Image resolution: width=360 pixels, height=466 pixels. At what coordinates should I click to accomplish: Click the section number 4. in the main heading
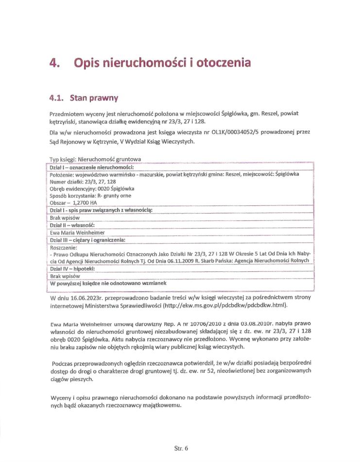[x=57, y=63]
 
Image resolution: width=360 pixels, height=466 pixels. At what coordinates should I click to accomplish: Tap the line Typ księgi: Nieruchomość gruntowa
[x=95, y=159]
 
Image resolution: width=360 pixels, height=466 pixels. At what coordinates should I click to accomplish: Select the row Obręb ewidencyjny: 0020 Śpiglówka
[x=92, y=188]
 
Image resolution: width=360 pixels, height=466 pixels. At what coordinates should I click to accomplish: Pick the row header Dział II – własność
[x=72, y=225]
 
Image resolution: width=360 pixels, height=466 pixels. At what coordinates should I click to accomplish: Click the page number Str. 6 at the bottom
[x=181, y=448]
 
